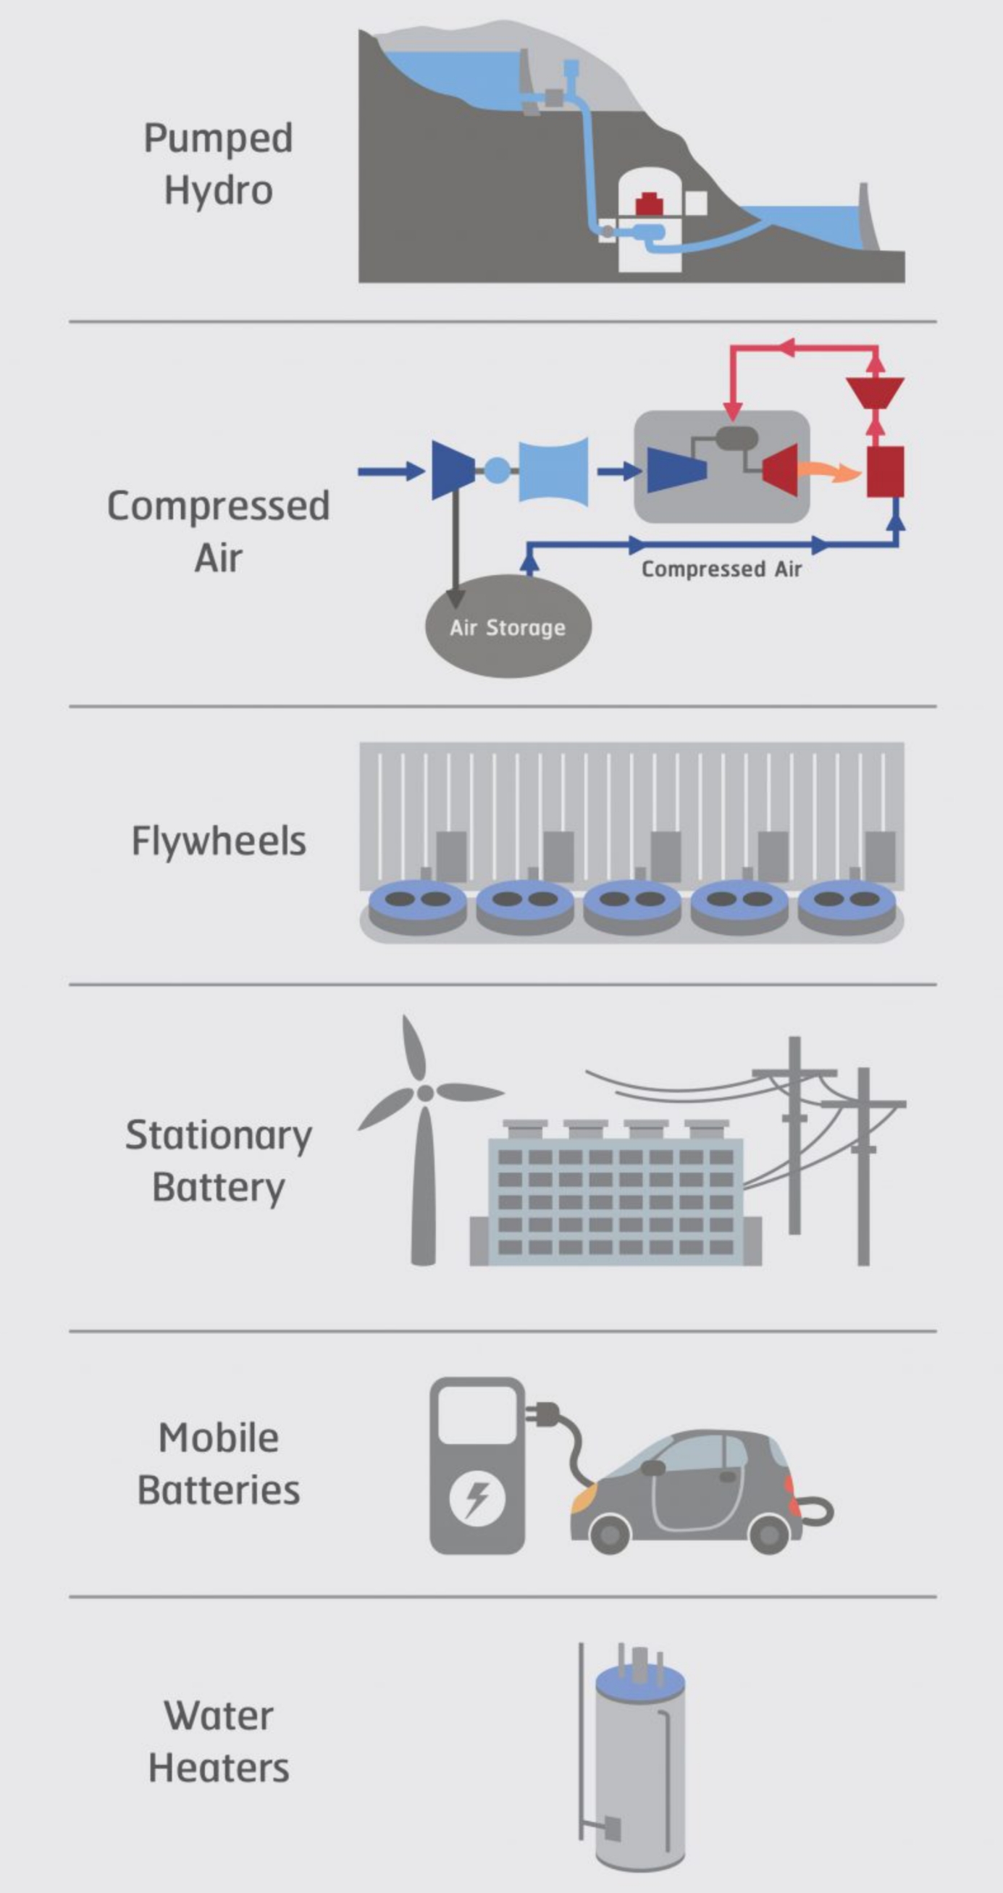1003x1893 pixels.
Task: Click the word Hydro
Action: tap(218, 191)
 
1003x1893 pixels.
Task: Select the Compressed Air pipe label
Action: tap(721, 569)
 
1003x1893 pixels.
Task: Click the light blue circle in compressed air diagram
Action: tap(497, 469)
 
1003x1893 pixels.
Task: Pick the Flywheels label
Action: tap(218, 841)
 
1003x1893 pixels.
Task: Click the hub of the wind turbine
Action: tap(424, 1092)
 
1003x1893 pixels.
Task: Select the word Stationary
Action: tap(218, 1136)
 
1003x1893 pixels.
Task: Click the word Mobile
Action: tap(218, 1438)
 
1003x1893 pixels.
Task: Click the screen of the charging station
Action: tap(478, 1414)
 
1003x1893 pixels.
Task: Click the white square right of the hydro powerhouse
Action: tap(696, 203)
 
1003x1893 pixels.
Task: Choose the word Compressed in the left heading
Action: tap(218, 505)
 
